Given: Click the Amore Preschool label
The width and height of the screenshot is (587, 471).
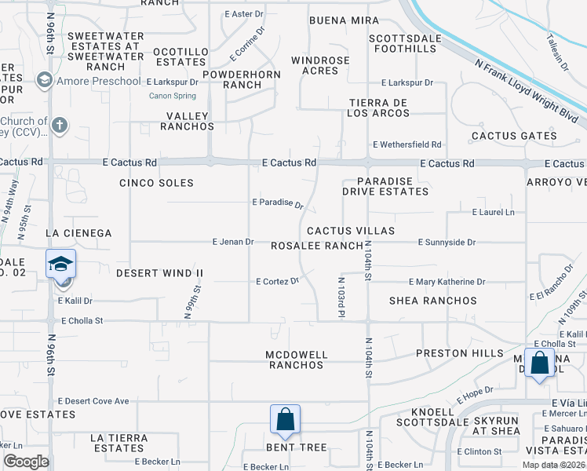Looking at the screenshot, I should coord(99,81).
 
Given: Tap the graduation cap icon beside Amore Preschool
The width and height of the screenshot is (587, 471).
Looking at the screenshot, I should coord(45,81).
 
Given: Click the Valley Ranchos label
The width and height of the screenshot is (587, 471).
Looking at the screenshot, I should coord(188,121).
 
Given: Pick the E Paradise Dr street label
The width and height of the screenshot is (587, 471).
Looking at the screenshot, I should coord(278,203).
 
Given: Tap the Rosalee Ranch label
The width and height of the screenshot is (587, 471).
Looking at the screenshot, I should coord(317,246).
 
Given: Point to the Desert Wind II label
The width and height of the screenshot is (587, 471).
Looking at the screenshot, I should coord(159,273).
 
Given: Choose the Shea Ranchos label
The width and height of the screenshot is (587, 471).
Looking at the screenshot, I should coord(433,301).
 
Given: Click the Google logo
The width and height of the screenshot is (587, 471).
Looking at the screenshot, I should coord(26,462).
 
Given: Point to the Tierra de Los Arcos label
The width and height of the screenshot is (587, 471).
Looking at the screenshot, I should coord(380,108).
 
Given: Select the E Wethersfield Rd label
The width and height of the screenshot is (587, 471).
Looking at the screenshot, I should coord(407,144).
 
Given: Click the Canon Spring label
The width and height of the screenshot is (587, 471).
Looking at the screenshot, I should coord(173,97).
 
